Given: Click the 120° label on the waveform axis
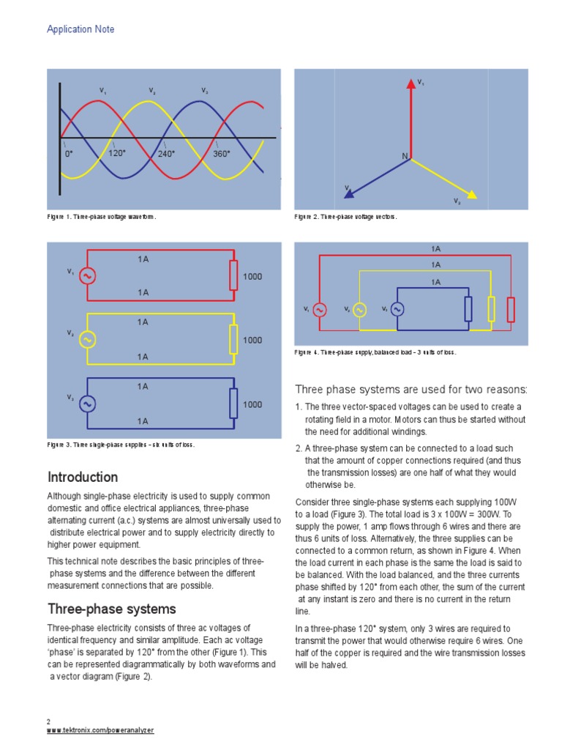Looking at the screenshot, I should point(117,154).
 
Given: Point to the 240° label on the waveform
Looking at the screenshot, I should point(168,154).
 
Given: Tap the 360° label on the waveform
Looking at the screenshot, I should point(222,154).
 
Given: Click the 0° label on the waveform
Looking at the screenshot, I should point(69,154).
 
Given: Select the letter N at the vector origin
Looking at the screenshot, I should point(404,157).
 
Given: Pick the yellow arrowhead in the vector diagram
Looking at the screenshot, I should point(472,195).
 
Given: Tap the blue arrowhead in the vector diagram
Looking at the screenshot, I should point(349,194).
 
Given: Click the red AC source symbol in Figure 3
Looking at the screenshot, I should point(88,275).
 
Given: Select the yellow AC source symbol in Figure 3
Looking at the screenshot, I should point(88,339).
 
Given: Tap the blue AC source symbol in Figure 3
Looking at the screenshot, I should point(88,404).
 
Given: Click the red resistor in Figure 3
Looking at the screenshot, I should point(233,275).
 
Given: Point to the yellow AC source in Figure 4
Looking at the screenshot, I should point(359,309).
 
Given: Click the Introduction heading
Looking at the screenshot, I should point(83,478).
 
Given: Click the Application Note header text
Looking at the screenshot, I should point(80,29).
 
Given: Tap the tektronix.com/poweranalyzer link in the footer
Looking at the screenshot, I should point(100,731).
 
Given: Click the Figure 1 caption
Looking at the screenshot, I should point(102,218).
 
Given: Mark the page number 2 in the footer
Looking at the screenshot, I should point(48,721).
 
